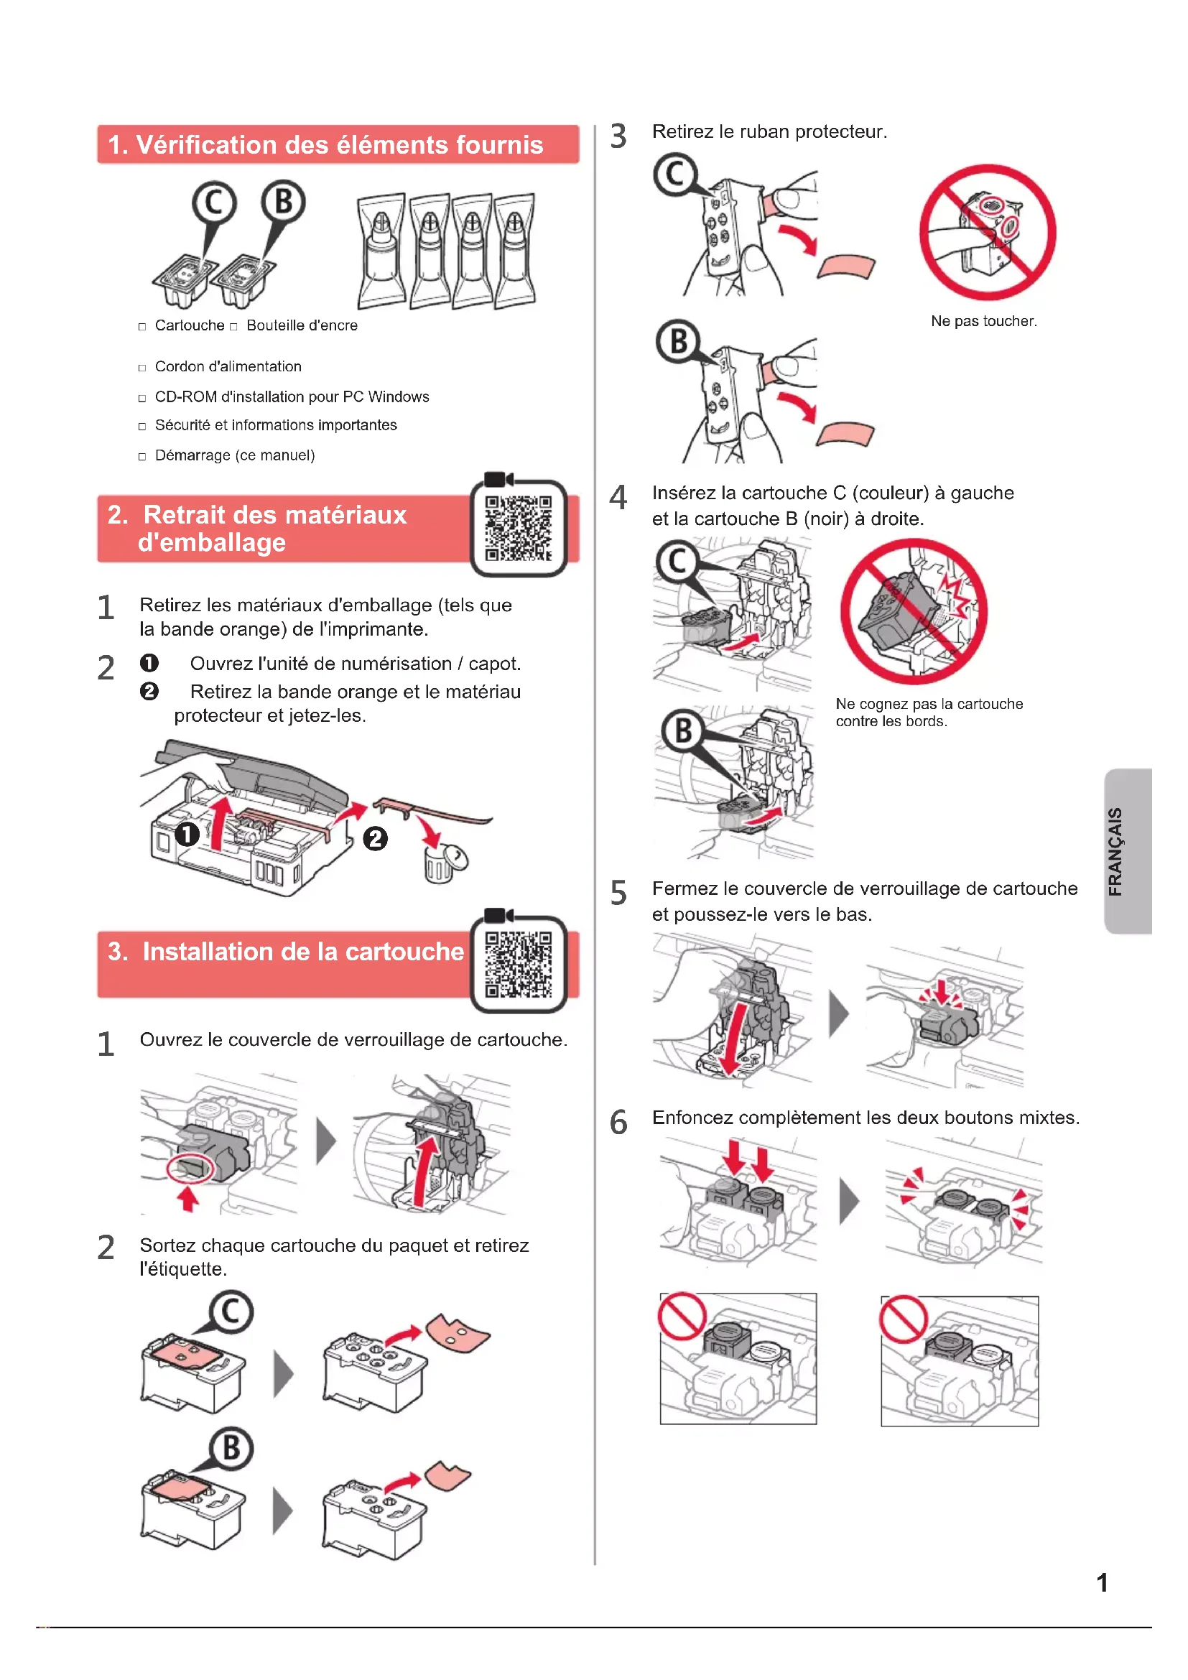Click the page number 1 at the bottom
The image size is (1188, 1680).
point(1102,1583)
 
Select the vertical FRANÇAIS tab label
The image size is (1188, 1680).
point(1115,851)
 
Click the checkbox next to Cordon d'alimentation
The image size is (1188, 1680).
point(142,368)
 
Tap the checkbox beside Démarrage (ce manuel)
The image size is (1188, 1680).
point(142,457)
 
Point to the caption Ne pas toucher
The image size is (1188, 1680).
point(983,321)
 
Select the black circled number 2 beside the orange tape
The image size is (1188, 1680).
point(375,838)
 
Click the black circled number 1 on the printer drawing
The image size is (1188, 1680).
point(187,834)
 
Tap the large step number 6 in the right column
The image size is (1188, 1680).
point(618,1122)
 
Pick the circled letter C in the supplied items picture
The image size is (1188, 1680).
point(214,203)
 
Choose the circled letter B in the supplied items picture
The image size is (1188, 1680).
point(283,201)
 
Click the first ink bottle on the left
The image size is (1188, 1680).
point(381,251)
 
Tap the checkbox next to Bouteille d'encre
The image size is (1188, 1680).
point(233,327)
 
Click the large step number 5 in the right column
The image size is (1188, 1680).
point(618,893)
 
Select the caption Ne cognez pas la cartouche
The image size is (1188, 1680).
point(929,704)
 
